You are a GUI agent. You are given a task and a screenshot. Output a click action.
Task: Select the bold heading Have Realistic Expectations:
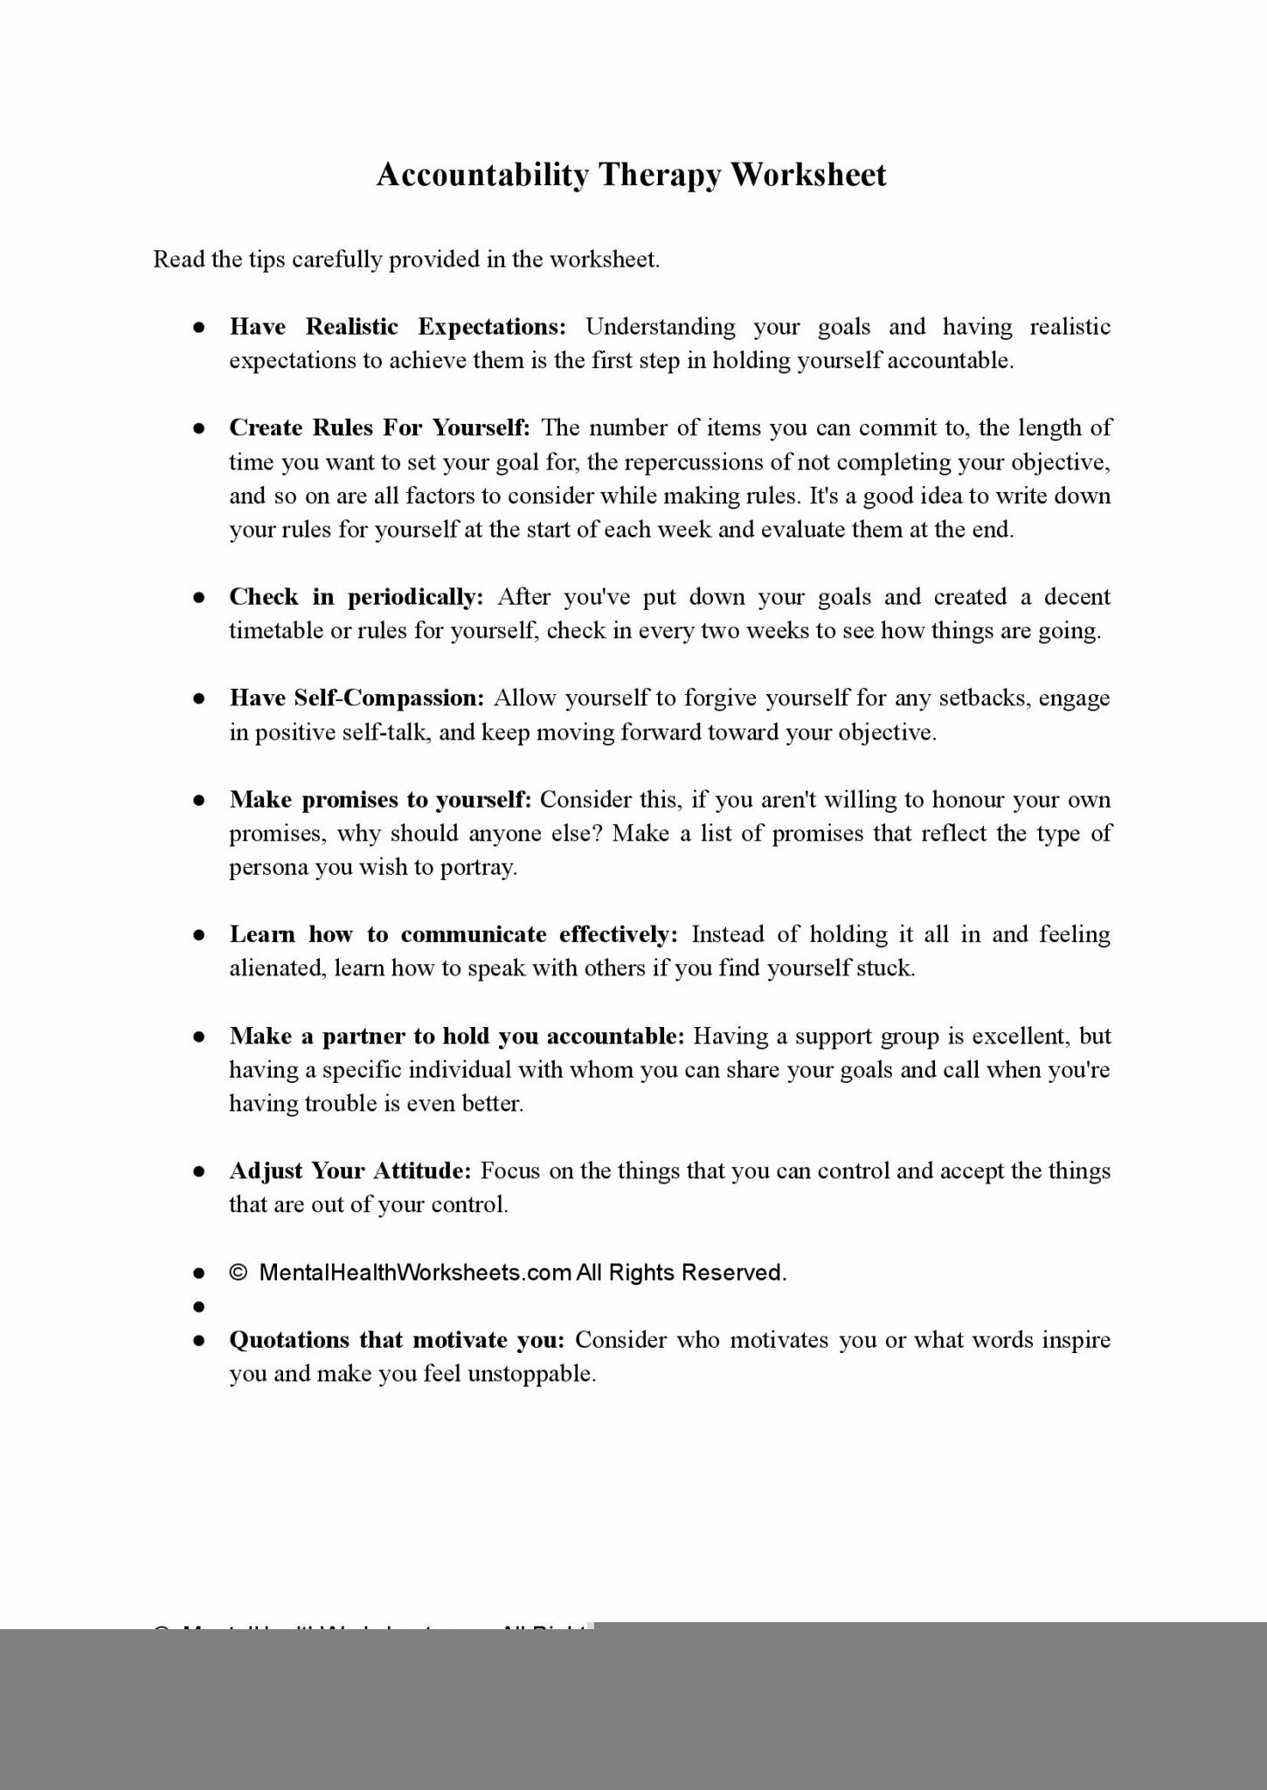pos(398,327)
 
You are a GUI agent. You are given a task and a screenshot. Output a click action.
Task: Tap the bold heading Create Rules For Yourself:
pos(379,427)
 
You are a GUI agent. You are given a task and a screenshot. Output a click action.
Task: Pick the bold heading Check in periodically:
pos(356,597)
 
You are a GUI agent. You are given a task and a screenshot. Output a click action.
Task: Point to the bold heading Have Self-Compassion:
pos(357,697)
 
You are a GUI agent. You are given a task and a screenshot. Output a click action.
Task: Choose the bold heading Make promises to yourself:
pos(380,800)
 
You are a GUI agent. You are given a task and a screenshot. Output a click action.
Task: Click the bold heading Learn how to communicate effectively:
pos(453,934)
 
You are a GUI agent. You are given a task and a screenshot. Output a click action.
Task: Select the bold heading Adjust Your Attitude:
pos(350,1170)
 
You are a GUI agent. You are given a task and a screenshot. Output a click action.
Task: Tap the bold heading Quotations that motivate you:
pos(397,1340)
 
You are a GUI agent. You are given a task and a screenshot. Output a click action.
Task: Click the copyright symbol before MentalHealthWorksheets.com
pos(239,1273)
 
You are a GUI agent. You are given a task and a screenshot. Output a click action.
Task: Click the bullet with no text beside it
pos(199,1307)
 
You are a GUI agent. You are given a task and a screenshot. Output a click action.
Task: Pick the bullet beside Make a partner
pos(199,1037)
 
